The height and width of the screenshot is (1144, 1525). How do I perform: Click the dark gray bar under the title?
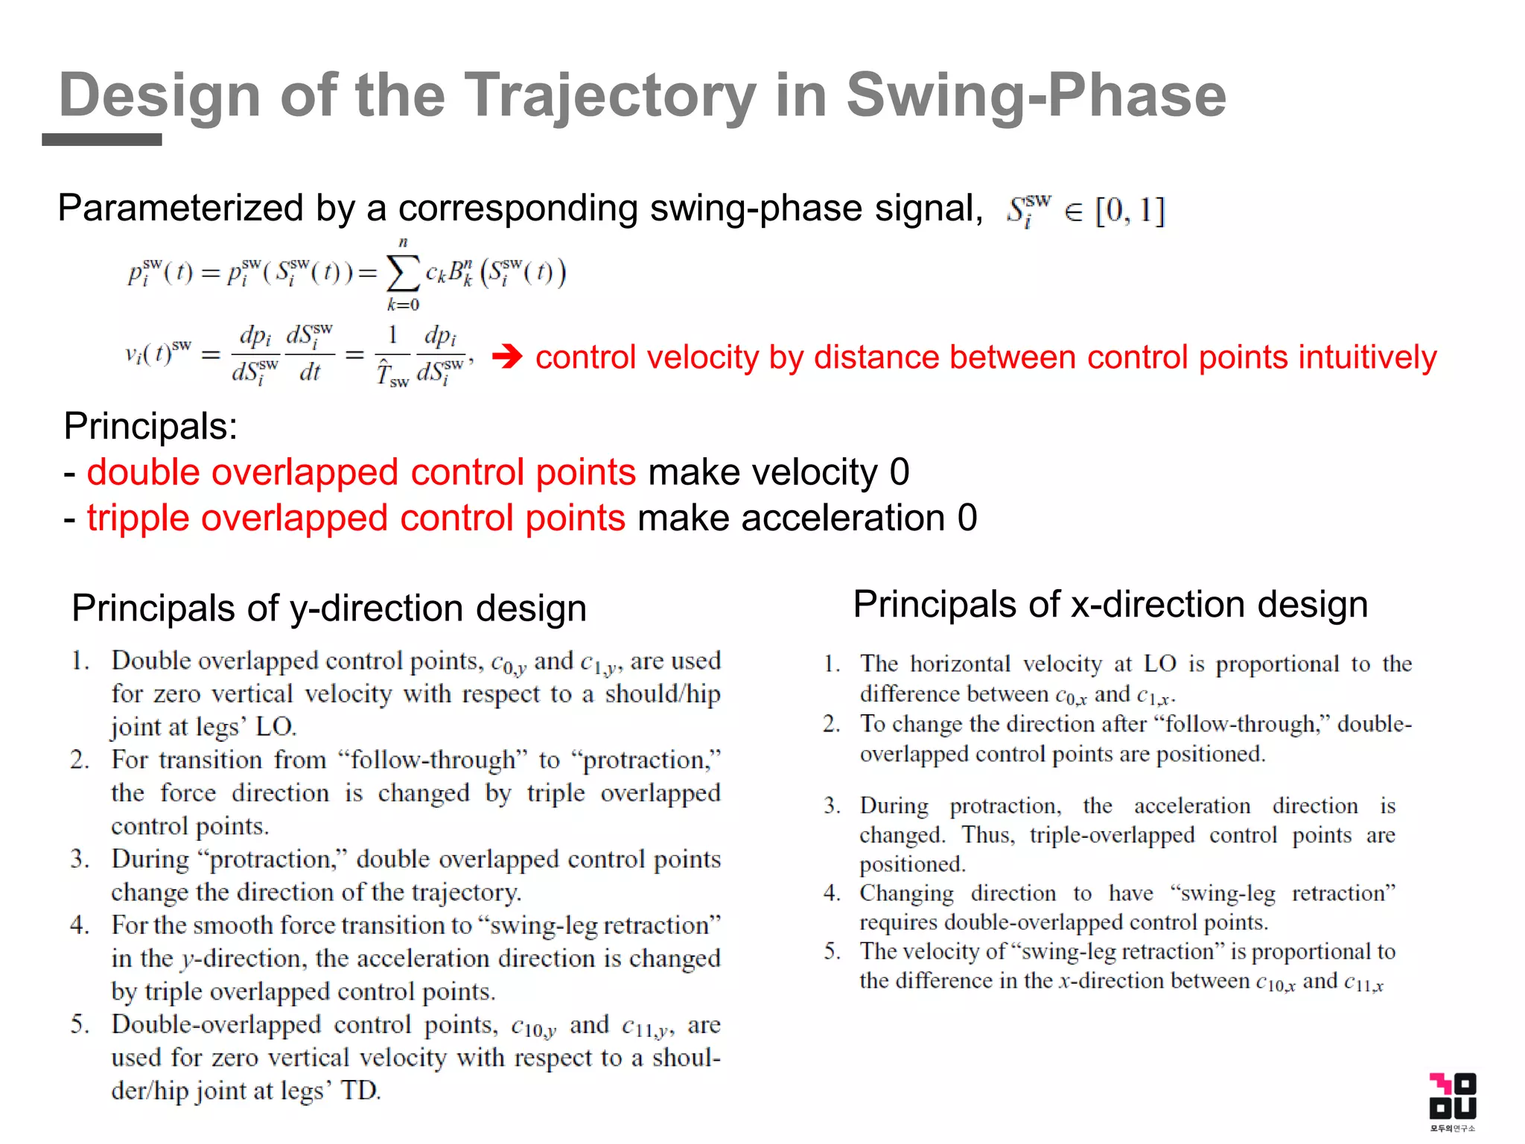tap(102, 139)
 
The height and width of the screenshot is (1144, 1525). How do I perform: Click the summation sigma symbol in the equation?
tap(402, 273)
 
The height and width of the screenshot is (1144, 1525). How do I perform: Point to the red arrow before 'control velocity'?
tap(508, 357)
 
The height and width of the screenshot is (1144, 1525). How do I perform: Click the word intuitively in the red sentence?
tap(1367, 357)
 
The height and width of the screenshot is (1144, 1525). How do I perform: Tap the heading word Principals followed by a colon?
tap(150, 427)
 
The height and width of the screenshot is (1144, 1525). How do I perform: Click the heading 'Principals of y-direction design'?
tap(329, 608)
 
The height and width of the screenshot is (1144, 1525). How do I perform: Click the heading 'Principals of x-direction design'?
tap(1110, 604)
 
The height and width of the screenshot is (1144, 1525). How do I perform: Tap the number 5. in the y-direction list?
tap(80, 1025)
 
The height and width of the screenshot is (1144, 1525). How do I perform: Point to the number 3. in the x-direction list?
tap(832, 806)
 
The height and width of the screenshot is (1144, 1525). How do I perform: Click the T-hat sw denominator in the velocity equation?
tap(392, 372)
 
